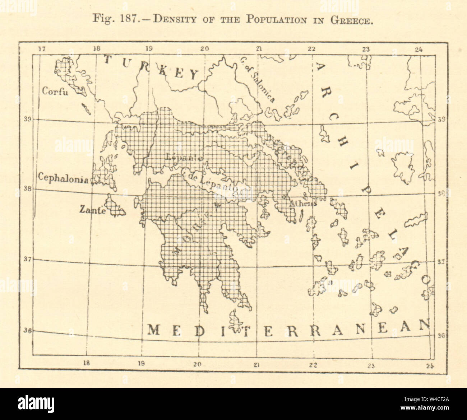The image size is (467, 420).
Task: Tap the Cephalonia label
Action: (x=63, y=178)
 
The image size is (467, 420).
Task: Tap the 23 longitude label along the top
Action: (x=366, y=50)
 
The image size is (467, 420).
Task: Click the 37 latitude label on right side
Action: (x=441, y=262)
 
